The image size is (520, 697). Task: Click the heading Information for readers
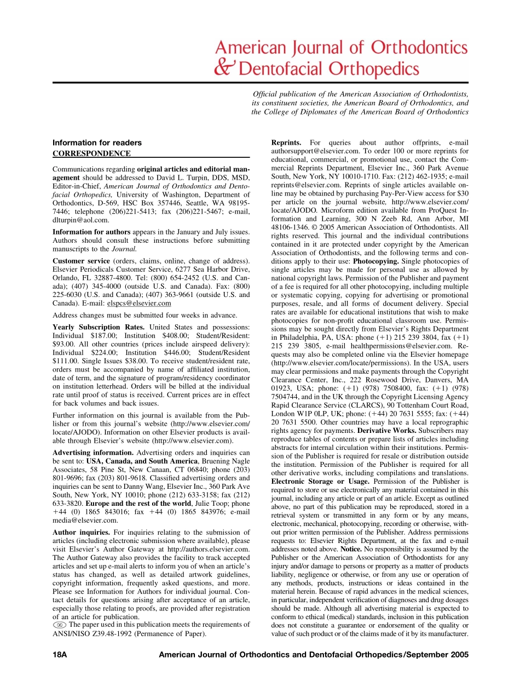point(97,143)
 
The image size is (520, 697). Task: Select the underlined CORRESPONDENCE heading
point(91,153)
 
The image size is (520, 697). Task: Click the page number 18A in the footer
point(60,655)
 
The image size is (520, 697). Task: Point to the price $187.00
point(105,335)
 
